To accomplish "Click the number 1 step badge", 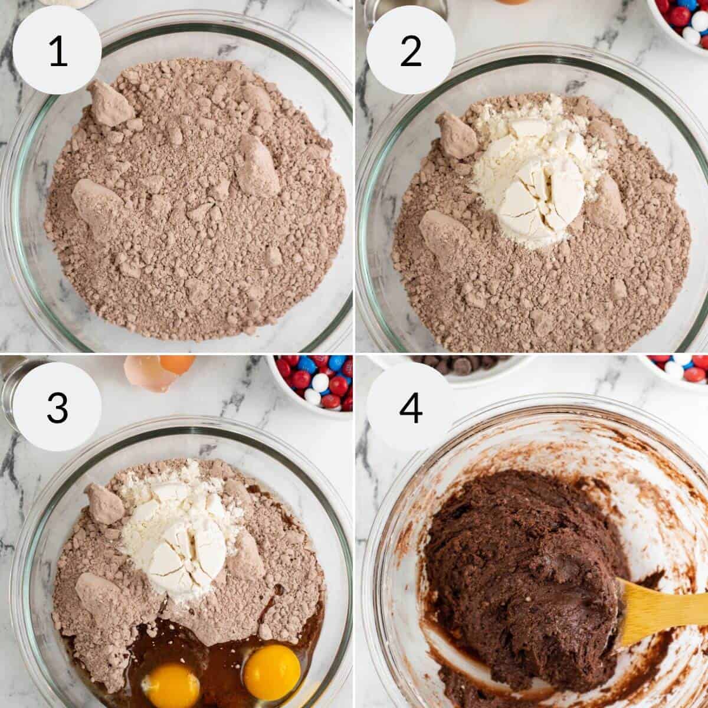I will [x=57, y=50].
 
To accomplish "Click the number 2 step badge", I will [x=411, y=50].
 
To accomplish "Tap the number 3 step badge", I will [x=57, y=407].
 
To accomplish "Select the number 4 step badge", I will [x=411, y=407].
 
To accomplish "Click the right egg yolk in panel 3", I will [x=271, y=671].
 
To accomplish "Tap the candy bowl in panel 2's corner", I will [x=684, y=21].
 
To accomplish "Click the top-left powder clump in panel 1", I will [x=109, y=104].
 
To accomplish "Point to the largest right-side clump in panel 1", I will [x=258, y=166].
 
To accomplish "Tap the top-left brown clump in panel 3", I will [x=104, y=504].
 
